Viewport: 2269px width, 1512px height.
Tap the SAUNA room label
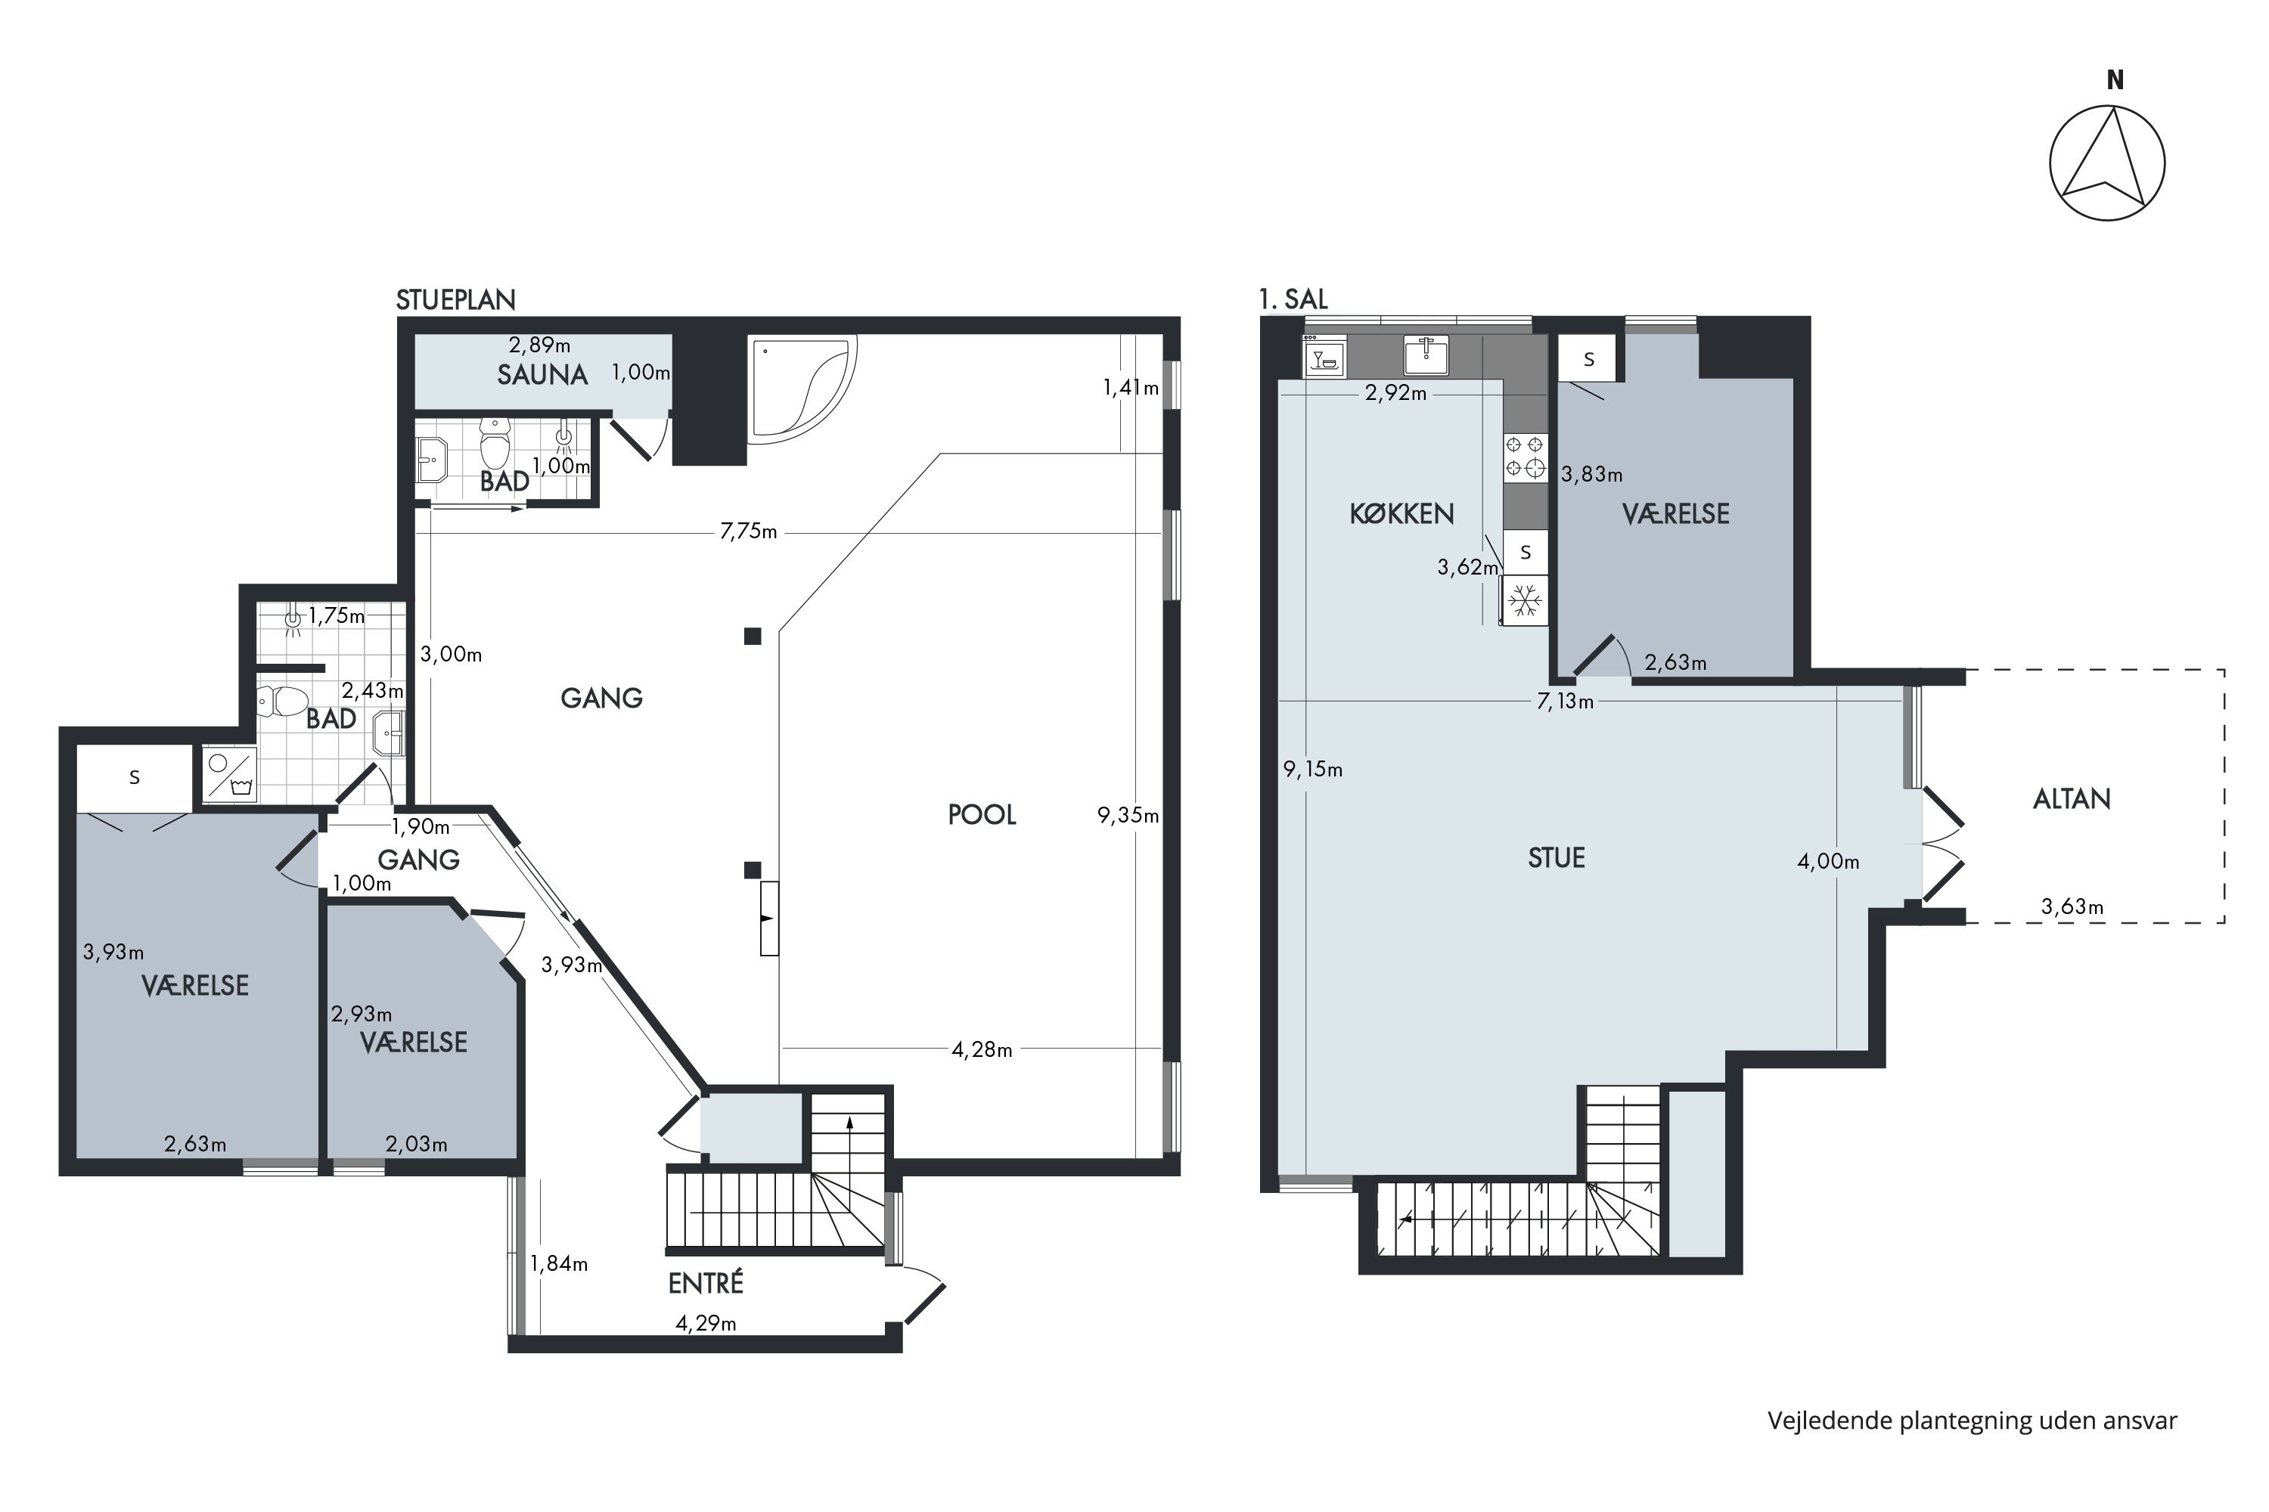[542, 375]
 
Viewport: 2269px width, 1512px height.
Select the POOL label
[982, 815]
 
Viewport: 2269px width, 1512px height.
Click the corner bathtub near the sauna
[802, 389]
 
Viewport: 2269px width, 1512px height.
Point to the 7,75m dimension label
[749, 531]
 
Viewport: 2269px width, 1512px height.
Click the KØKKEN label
[1401, 514]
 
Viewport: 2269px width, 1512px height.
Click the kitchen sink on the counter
[1426, 355]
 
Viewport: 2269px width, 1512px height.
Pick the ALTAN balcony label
[2072, 799]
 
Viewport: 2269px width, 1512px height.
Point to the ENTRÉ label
[706, 1284]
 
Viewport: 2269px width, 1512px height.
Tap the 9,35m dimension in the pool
[1128, 816]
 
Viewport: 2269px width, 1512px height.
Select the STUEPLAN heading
[456, 300]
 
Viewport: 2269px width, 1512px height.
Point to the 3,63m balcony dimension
[2072, 907]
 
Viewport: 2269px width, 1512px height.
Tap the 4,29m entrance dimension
[706, 1324]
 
